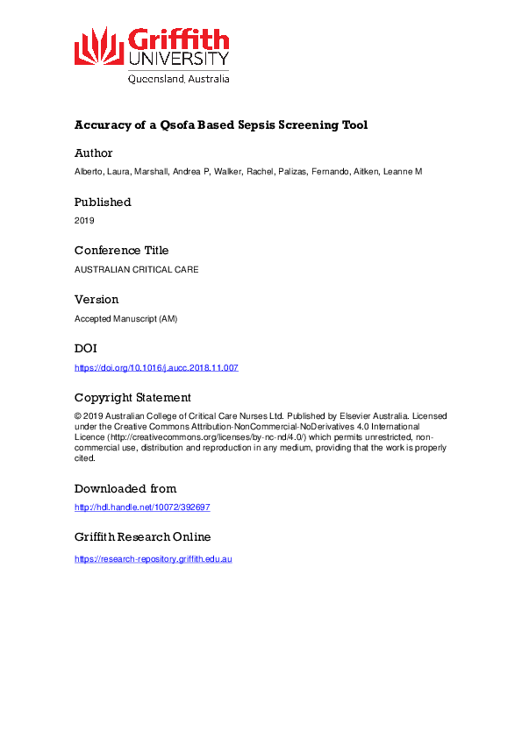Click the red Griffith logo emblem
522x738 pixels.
click(x=98, y=46)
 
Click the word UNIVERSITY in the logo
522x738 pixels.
click(x=179, y=59)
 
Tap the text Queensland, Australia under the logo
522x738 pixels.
click(x=179, y=78)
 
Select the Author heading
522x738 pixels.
click(x=94, y=153)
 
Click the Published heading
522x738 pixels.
click(x=103, y=202)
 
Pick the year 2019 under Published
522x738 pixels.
click(x=84, y=221)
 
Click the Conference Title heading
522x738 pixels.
click(x=121, y=250)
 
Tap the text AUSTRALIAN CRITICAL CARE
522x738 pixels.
click(x=136, y=269)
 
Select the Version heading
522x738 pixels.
click(x=97, y=299)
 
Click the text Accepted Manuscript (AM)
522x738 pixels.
click(x=125, y=318)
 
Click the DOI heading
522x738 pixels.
click(x=86, y=348)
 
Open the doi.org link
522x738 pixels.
click(x=156, y=367)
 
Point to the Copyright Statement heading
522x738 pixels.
click(x=132, y=397)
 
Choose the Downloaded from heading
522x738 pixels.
click(x=125, y=488)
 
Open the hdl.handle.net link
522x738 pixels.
click(x=142, y=507)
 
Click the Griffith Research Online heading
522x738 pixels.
click(x=142, y=536)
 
